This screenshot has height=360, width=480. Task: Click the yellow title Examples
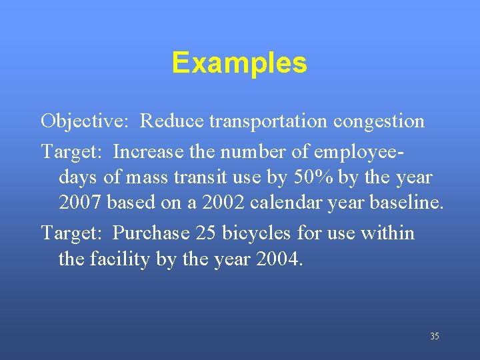click(239, 63)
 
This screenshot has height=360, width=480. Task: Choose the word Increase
click(149, 153)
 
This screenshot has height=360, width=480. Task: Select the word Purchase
click(151, 233)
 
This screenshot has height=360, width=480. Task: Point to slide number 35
click(435, 337)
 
